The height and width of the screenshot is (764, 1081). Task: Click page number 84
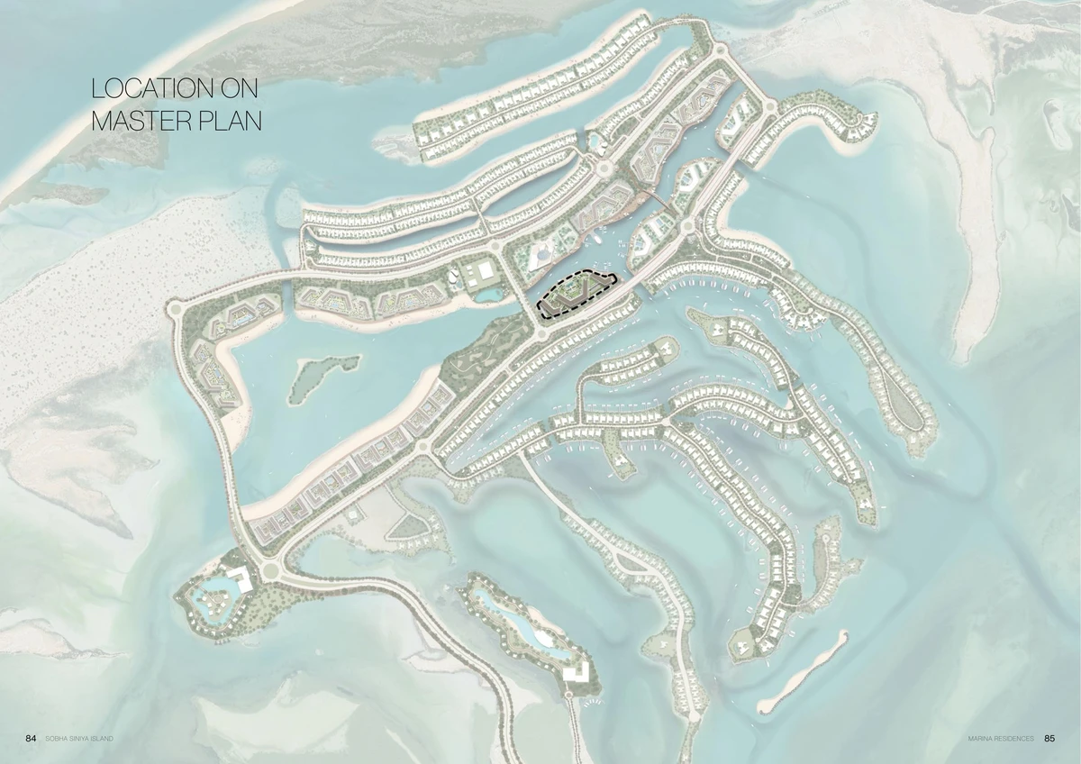[31, 739]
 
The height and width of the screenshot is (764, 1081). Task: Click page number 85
[1049, 739]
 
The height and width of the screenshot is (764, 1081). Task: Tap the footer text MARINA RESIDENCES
[1001, 739]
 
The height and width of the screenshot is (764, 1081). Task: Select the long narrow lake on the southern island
[522, 623]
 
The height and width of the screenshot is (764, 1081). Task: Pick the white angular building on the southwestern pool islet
[238, 579]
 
